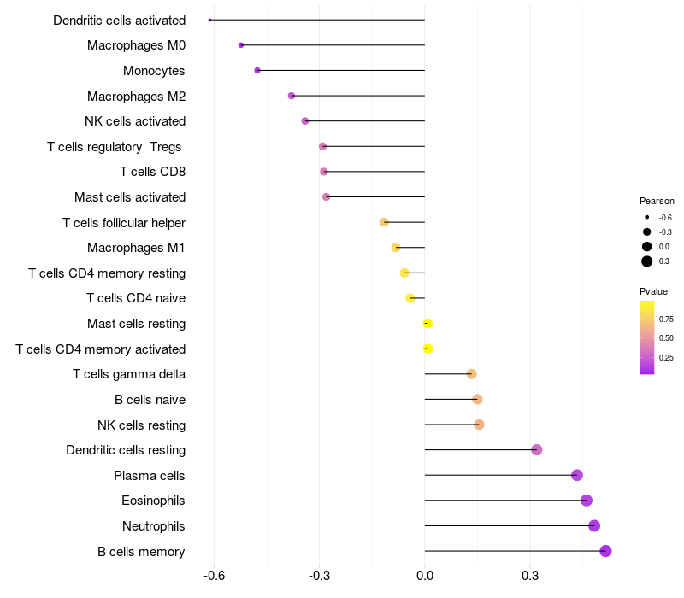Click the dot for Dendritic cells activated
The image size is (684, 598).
[209, 20]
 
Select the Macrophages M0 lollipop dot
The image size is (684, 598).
[241, 45]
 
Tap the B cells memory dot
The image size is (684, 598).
[605, 551]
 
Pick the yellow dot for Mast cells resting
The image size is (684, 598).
[427, 324]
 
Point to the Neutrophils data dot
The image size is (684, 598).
[594, 526]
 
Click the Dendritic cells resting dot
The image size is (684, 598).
[537, 450]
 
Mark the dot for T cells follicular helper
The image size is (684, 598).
[384, 222]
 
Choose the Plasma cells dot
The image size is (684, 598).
[576, 475]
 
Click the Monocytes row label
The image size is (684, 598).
[154, 71]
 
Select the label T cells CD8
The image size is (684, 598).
[153, 172]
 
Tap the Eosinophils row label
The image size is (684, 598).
[153, 501]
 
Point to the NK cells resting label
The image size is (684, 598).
[141, 425]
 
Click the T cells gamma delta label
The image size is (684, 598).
[129, 374]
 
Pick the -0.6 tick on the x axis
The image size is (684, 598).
[215, 576]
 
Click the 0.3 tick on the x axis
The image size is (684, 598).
[530, 576]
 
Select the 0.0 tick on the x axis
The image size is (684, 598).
[424, 576]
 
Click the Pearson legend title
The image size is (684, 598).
[657, 201]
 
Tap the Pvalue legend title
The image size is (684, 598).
[653, 291]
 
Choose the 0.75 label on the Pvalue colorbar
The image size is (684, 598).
[666, 319]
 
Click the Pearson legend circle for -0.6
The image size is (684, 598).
[647, 217]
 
